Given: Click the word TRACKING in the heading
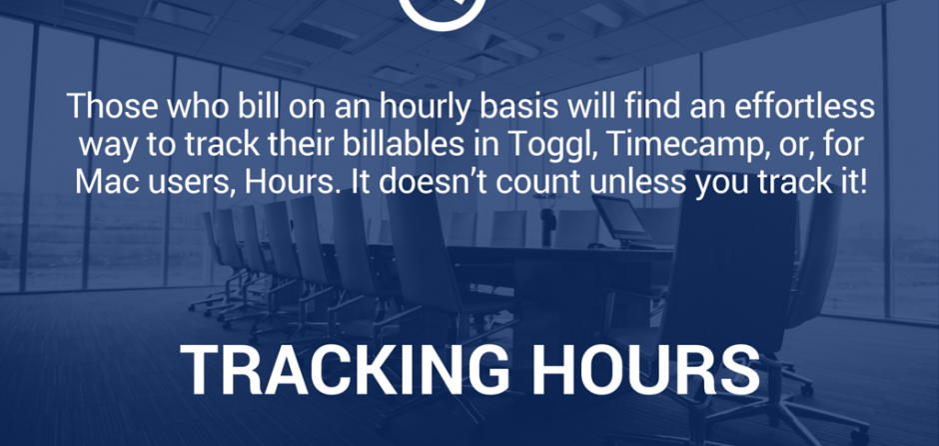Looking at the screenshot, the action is click(x=345, y=370).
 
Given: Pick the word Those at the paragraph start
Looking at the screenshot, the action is click(x=113, y=107).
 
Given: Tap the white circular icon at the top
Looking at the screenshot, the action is click(x=442, y=12).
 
